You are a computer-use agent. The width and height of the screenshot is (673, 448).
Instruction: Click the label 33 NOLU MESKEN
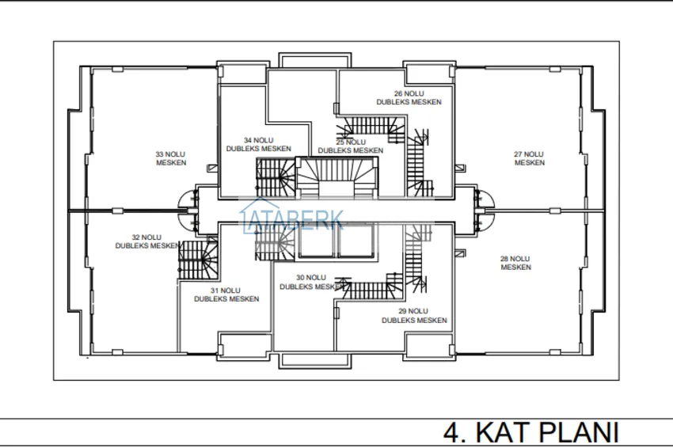[x=171, y=158]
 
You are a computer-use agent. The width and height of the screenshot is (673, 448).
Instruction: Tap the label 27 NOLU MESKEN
[x=529, y=158]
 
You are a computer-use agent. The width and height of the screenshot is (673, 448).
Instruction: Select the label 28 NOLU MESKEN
[x=515, y=263]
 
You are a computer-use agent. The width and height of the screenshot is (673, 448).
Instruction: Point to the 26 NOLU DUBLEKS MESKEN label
[x=409, y=98]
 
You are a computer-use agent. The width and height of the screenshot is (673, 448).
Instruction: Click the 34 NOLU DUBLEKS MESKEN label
[x=258, y=145]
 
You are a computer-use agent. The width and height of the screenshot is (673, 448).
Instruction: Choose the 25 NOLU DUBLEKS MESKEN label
[x=351, y=146]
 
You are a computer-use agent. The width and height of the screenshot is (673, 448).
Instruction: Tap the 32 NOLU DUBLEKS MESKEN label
[x=147, y=241]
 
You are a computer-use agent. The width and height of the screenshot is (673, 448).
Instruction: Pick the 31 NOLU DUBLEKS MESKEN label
[x=226, y=294]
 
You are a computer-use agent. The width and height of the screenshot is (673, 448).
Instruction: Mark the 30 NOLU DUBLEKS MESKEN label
[x=312, y=283]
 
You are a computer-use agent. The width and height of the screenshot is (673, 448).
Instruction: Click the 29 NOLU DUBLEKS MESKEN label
[x=414, y=316]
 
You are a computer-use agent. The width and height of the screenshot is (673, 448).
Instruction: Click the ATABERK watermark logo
[x=292, y=217]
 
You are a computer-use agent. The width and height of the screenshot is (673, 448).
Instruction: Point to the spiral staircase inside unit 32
[x=198, y=260]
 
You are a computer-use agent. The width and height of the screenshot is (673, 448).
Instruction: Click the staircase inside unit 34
[x=276, y=177]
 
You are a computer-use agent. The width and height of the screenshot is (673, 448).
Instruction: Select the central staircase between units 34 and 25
[x=337, y=177]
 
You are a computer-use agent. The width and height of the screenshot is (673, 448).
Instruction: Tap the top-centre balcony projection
[x=315, y=60]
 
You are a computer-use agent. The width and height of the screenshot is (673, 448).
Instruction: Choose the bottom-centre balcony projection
[x=315, y=361]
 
